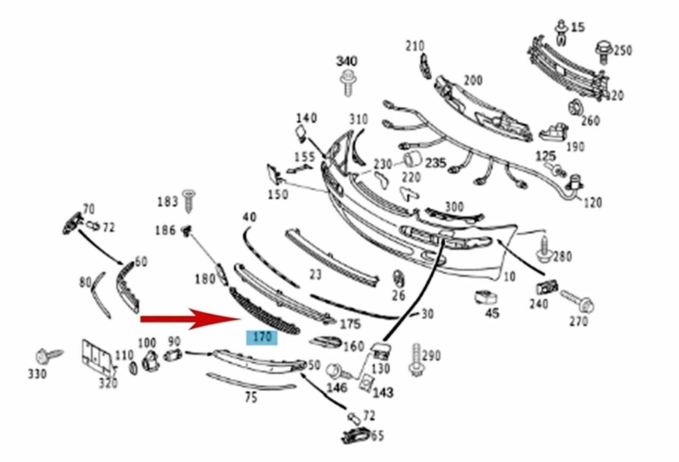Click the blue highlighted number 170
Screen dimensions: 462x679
coord(262,337)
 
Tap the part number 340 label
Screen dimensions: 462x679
coord(346,62)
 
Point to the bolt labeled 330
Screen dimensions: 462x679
coord(47,355)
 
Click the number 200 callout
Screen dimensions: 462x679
coord(473,80)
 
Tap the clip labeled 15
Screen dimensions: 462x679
coord(562,32)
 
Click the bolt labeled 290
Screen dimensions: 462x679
coord(416,360)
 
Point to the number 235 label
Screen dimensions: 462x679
coord(435,163)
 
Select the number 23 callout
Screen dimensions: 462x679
coord(315,274)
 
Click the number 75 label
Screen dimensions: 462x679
coord(251,397)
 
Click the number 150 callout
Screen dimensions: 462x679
coord(278,194)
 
